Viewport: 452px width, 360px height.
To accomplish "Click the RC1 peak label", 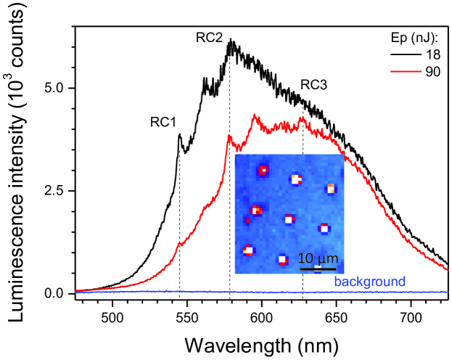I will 164,122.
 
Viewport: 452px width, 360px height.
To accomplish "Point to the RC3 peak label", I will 314,85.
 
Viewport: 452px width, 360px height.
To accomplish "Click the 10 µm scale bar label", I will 317,259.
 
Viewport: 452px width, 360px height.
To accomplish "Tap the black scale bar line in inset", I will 317,269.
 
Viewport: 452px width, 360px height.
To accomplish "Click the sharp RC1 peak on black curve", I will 179,134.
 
